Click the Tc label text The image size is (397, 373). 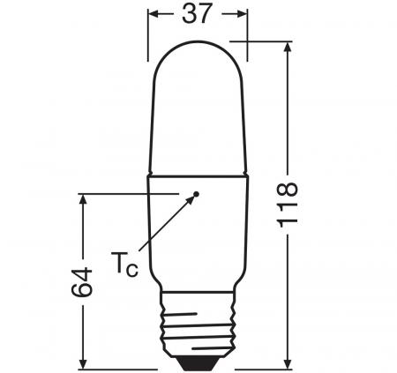click(x=124, y=261)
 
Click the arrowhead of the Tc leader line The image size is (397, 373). click(x=191, y=199)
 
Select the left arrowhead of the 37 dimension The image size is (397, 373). click(x=153, y=14)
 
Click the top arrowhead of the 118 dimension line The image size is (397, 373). click(x=288, y=46)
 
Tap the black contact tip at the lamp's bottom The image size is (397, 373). click(x=198, y=362)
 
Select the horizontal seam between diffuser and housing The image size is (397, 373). click(x=198, y=174)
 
